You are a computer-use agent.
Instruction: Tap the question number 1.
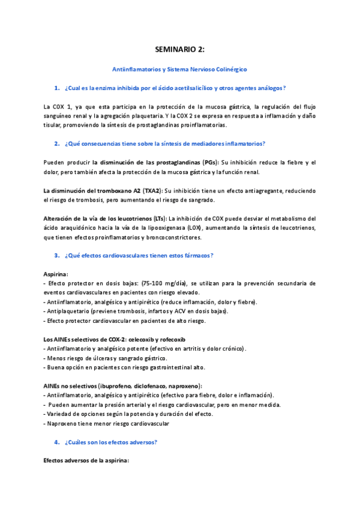pyautogui.click(x=56, y=89)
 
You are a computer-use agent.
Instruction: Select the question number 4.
pyautogui.click(x=56, y=442)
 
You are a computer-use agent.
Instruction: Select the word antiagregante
pyautogui.click(x=254, y=190)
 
